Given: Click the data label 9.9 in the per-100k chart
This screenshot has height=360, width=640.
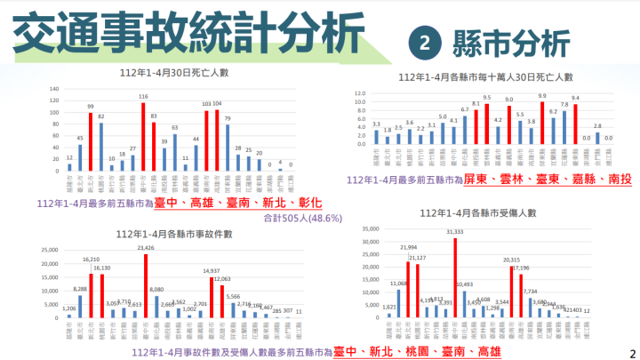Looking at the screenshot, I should pos(541,95).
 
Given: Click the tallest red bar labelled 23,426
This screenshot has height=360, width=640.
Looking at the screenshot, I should pos(142,284).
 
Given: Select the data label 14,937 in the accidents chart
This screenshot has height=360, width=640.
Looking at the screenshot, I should pos(212,271).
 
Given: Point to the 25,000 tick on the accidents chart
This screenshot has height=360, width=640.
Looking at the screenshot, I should pos(44,249).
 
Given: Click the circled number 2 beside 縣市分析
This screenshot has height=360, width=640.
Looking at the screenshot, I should pos(425,42).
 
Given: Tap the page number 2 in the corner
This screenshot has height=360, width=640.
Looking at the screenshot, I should pos(633,352).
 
